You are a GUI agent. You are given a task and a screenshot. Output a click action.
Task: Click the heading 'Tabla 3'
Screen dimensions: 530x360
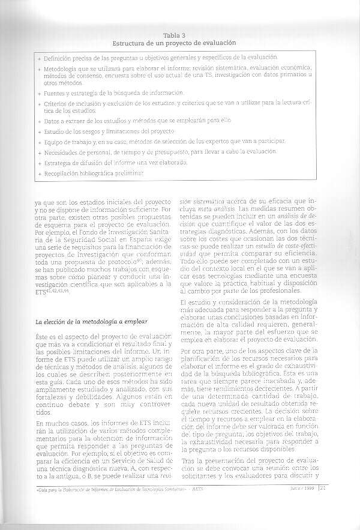click(175, 35)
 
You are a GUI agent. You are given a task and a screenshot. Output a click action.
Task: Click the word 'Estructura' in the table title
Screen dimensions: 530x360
click(130, 43)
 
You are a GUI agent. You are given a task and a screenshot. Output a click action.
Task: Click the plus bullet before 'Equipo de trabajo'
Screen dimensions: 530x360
click(39, 141)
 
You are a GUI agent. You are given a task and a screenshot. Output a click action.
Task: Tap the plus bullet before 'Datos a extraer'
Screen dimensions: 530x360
click(39, 120)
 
